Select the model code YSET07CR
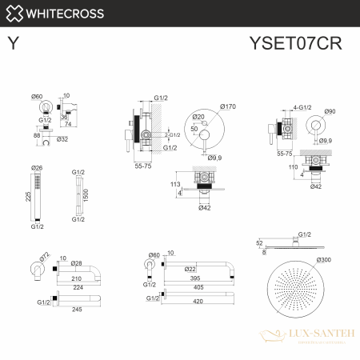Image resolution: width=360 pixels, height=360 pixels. tap(310, 45)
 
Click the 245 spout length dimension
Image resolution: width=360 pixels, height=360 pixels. tap(78, 312)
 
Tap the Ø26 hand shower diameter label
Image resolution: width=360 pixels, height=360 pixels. tap(36, 168)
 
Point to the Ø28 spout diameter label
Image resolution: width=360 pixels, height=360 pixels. tap(78, 263)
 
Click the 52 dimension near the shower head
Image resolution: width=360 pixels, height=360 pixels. tap(260, 242)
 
